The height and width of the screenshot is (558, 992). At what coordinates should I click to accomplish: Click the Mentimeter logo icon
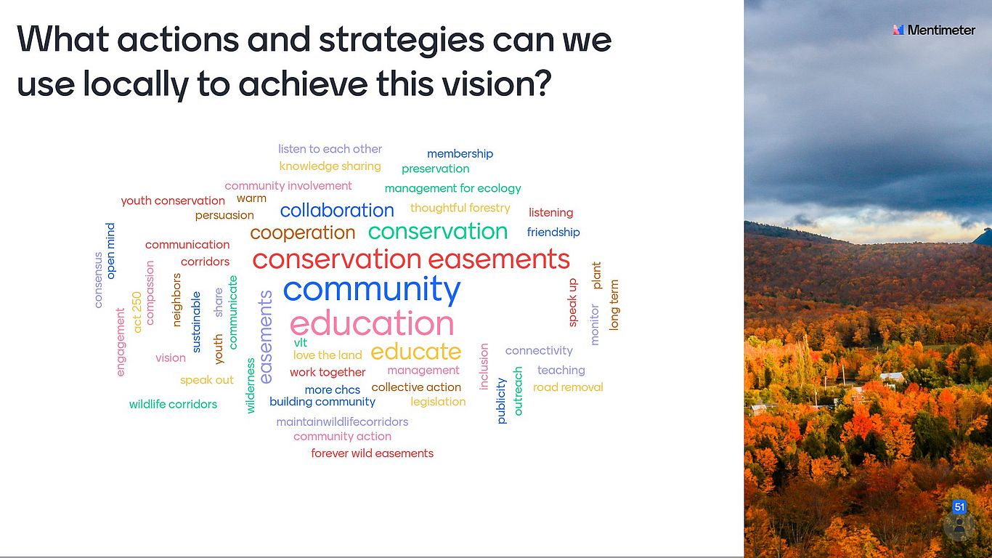(x=898, y=30)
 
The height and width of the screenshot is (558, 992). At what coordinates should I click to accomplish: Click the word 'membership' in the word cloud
(x=460, y=154)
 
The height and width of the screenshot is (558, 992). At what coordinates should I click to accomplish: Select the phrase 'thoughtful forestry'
(x=460, y=208)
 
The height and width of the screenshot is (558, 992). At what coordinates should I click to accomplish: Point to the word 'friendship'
(x=553, y=232)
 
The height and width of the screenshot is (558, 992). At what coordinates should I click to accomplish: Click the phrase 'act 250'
(x=137, y=312)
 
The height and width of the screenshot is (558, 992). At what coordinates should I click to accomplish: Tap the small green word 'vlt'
(x=300, y=343)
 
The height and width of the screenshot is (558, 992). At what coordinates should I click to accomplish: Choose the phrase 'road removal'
(x=568, y=387)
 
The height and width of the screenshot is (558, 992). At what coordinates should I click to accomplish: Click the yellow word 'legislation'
(x=438, y=402)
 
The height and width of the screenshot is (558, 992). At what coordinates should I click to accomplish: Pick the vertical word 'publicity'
(x=501, y=400)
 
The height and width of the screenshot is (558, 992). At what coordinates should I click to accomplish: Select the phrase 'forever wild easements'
(x=372, y=453)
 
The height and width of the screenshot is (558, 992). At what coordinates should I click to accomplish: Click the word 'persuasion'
(x=224, y=215)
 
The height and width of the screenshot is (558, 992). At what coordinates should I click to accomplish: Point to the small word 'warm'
(x=251, y=198)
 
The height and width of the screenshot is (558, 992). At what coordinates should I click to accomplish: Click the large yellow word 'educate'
(x=416, y=352)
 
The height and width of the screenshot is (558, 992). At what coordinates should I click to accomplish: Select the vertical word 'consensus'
(x=98, y=280)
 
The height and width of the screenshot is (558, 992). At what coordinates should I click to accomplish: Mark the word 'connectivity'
(x=539, y=351)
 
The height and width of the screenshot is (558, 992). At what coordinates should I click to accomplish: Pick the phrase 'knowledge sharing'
(x=330, y=166)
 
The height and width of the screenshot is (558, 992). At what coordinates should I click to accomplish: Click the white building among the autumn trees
(x=893, y=378)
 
